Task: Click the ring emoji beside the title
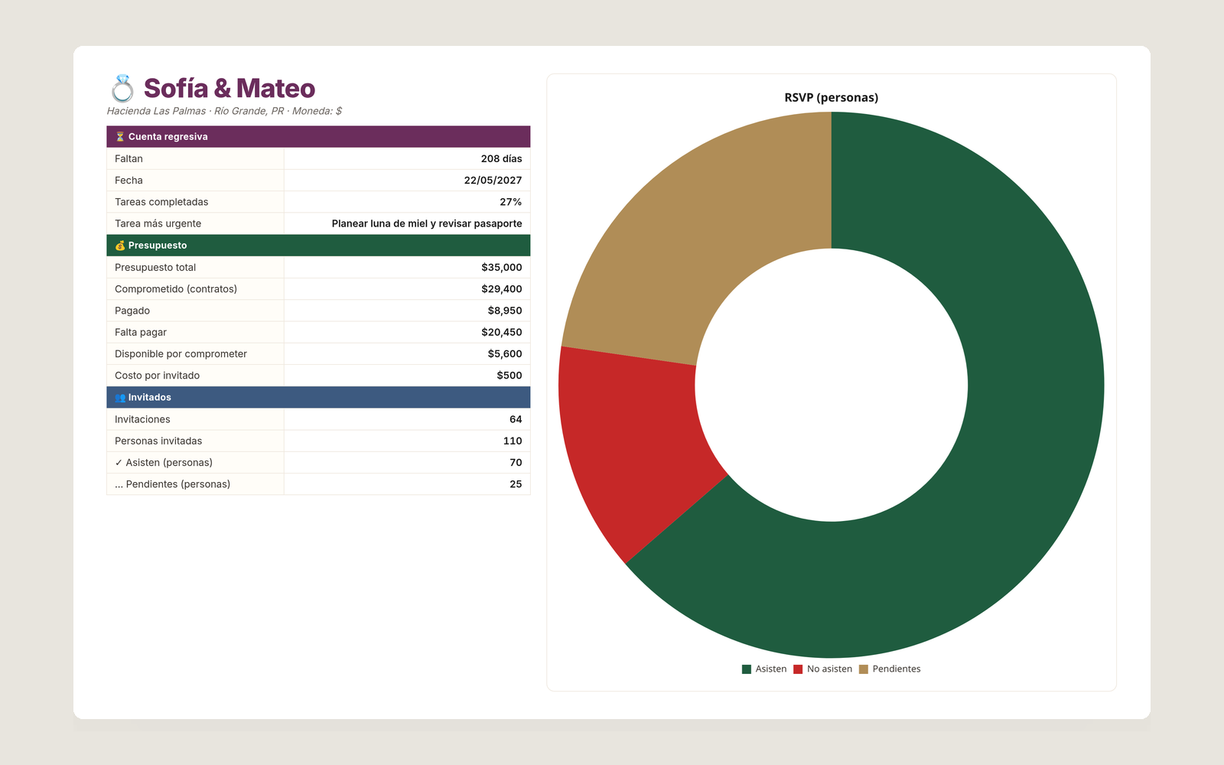pyautogui.click(x=122, y=89)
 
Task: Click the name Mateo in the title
pyautogui.click(x=275, y=89)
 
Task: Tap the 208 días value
pyautogui.click(x=501, y=158)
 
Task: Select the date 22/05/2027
pyautogui.click(x=493, y=181)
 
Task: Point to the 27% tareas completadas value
pyautogui.click(x=510, y=202)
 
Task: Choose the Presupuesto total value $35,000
pyautogui.click(x=502, y=267)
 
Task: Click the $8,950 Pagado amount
pyautogui.click(x=505, y=311)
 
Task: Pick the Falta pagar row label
pyautogui.click(x=141, y=332)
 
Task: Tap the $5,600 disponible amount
pyautogui.click(x=505, y=353)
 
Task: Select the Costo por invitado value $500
pyautogui.click(x=509, y=376)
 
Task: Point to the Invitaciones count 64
pyautogui.click(x=516, y=419)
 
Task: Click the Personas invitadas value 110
pyautogui.click(x=513, y=441)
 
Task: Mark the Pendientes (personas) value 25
pyautogui.click(x=516, y=484)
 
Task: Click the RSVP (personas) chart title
pyautogui.click(x=831, y=97)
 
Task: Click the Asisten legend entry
pyautogui.click(x=764, y=669)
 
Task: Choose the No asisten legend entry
pyautogui.click(x=823, y=669)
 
